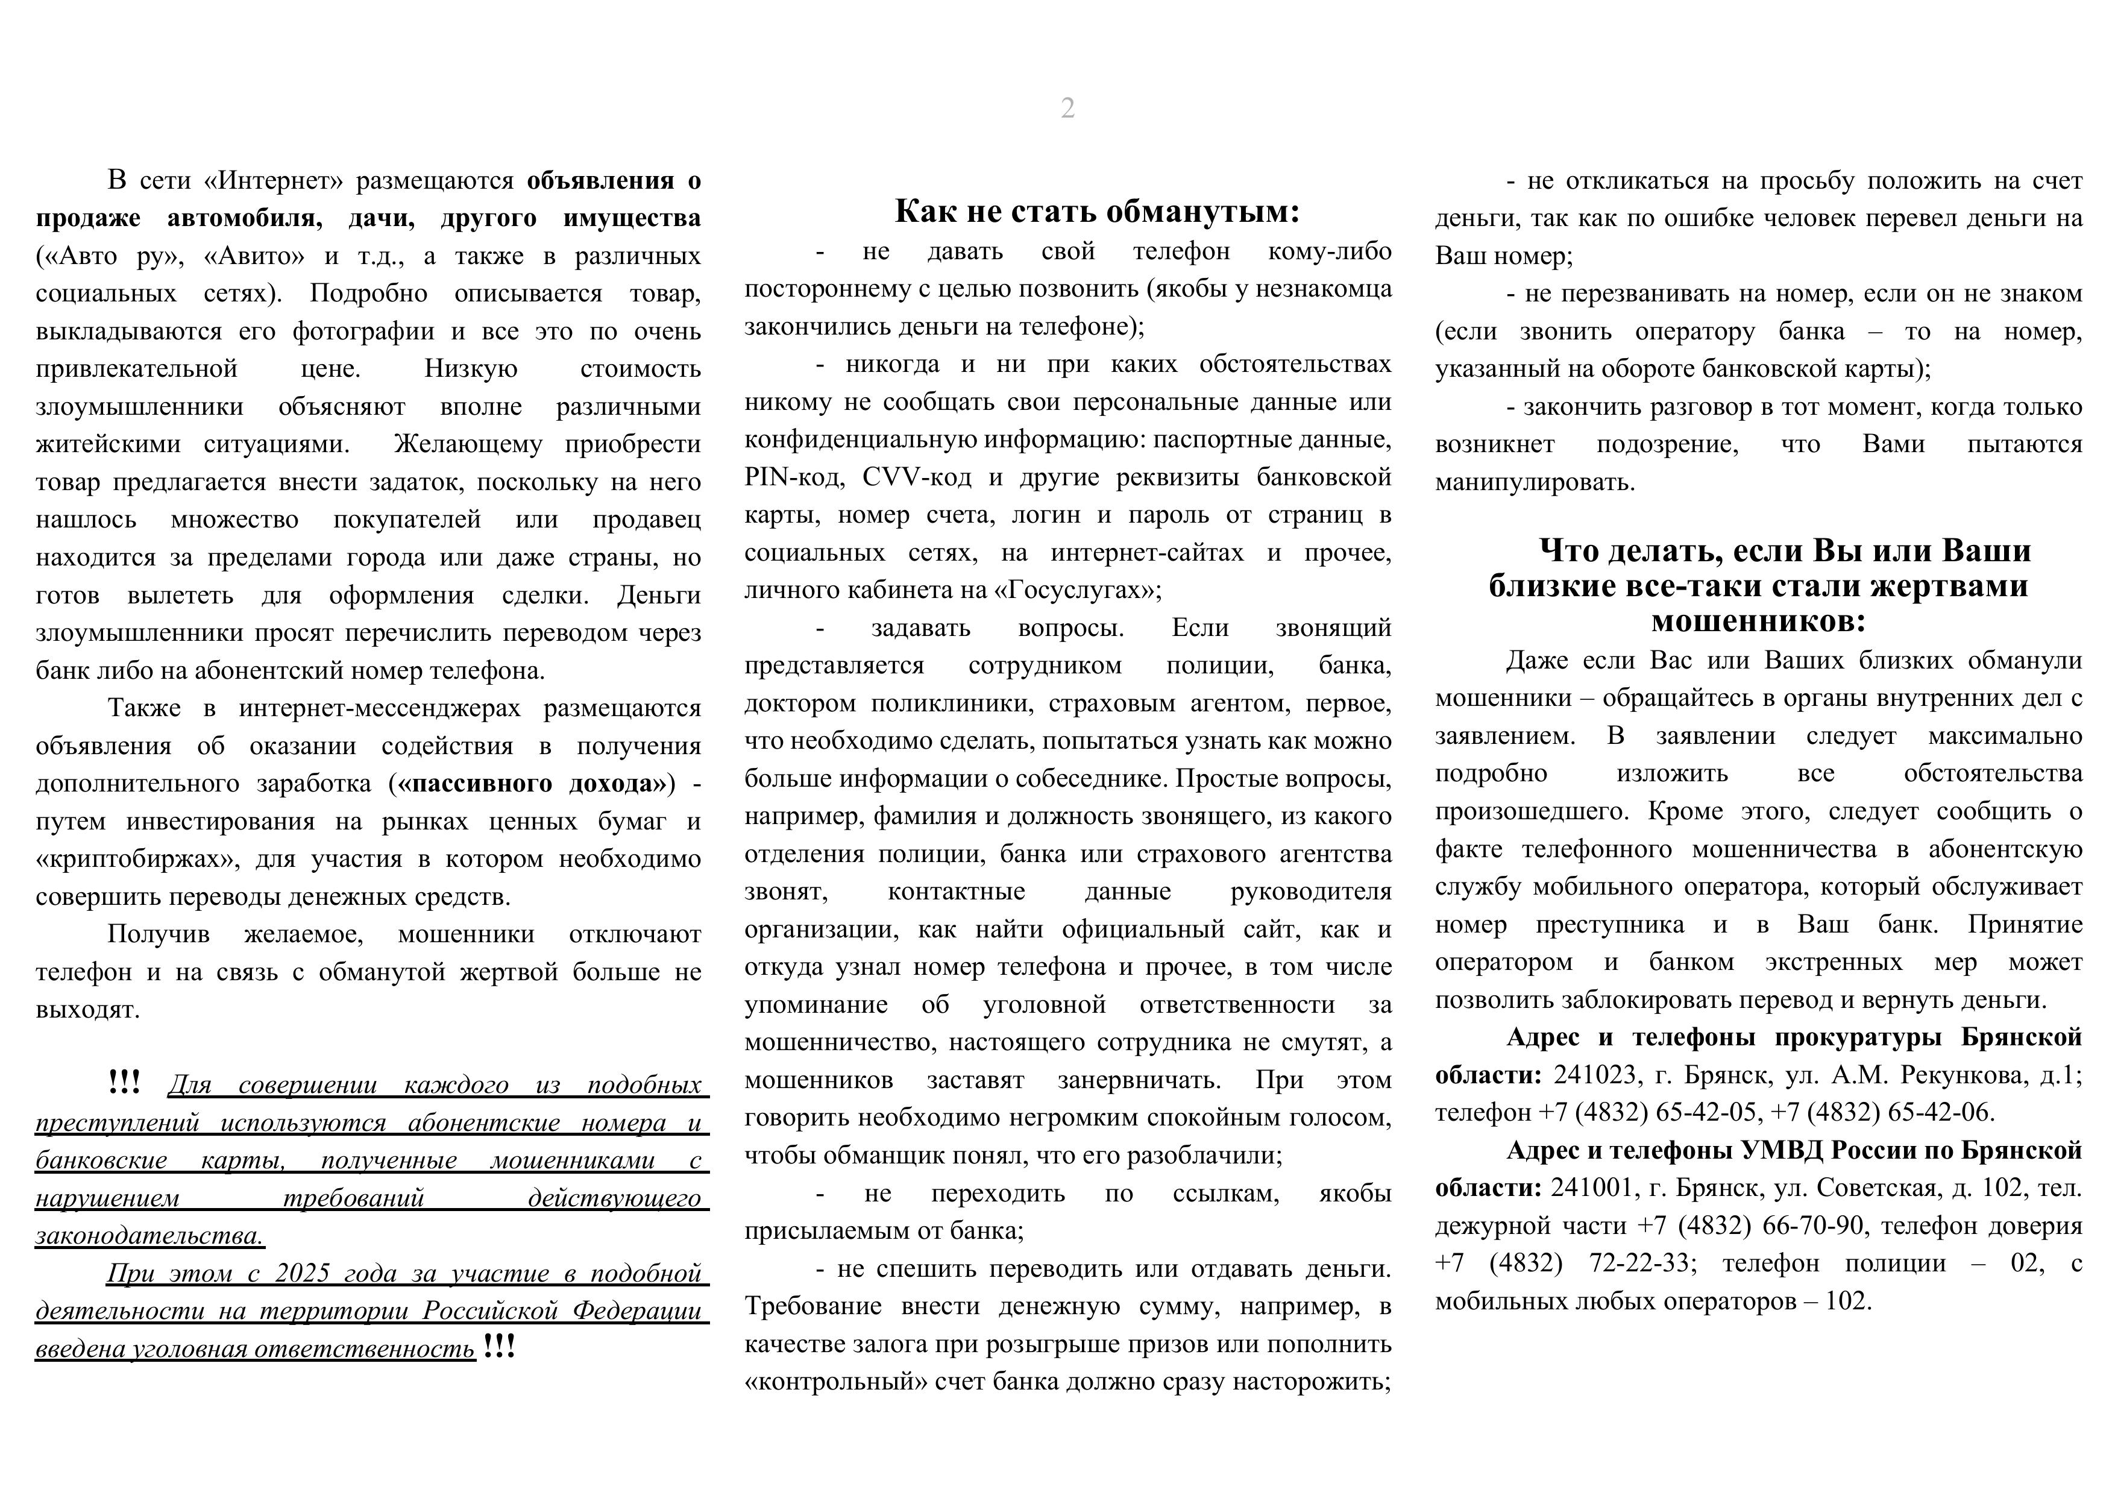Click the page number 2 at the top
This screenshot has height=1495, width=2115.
coord(1067,109)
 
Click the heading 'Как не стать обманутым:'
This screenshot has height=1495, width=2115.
coord(1097,212)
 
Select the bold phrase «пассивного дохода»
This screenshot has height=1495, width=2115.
coord(532,784)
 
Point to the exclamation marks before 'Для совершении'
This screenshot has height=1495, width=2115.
coord(124,1083)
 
